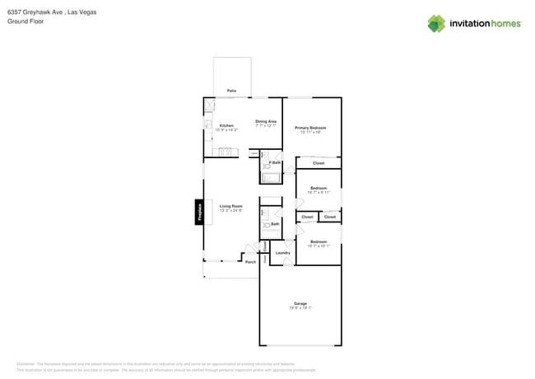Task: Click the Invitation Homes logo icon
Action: click(x=436, y=23)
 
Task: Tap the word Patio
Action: click(x=232, y=91)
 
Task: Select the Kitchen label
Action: click(x=226, y=125)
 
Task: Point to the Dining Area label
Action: click(x=266, y=121)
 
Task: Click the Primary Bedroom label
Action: click(x=310, y=128)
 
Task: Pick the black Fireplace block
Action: click(x=198, y=212)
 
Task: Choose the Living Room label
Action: click(x=230, y=206)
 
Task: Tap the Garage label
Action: click(x=300, y=303)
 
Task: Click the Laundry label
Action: click(x=282, y=253)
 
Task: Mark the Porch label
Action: click(x=250, y=262)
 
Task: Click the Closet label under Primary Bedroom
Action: click(x=319, y=163)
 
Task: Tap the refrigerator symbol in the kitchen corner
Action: click(x=209, y=105)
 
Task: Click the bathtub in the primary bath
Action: click(x=272, y=176)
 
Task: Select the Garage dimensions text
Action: click(x=300, y=307)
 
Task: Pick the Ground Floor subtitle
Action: click(x=26, y=21)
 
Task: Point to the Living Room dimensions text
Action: click(x=230, y=211)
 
